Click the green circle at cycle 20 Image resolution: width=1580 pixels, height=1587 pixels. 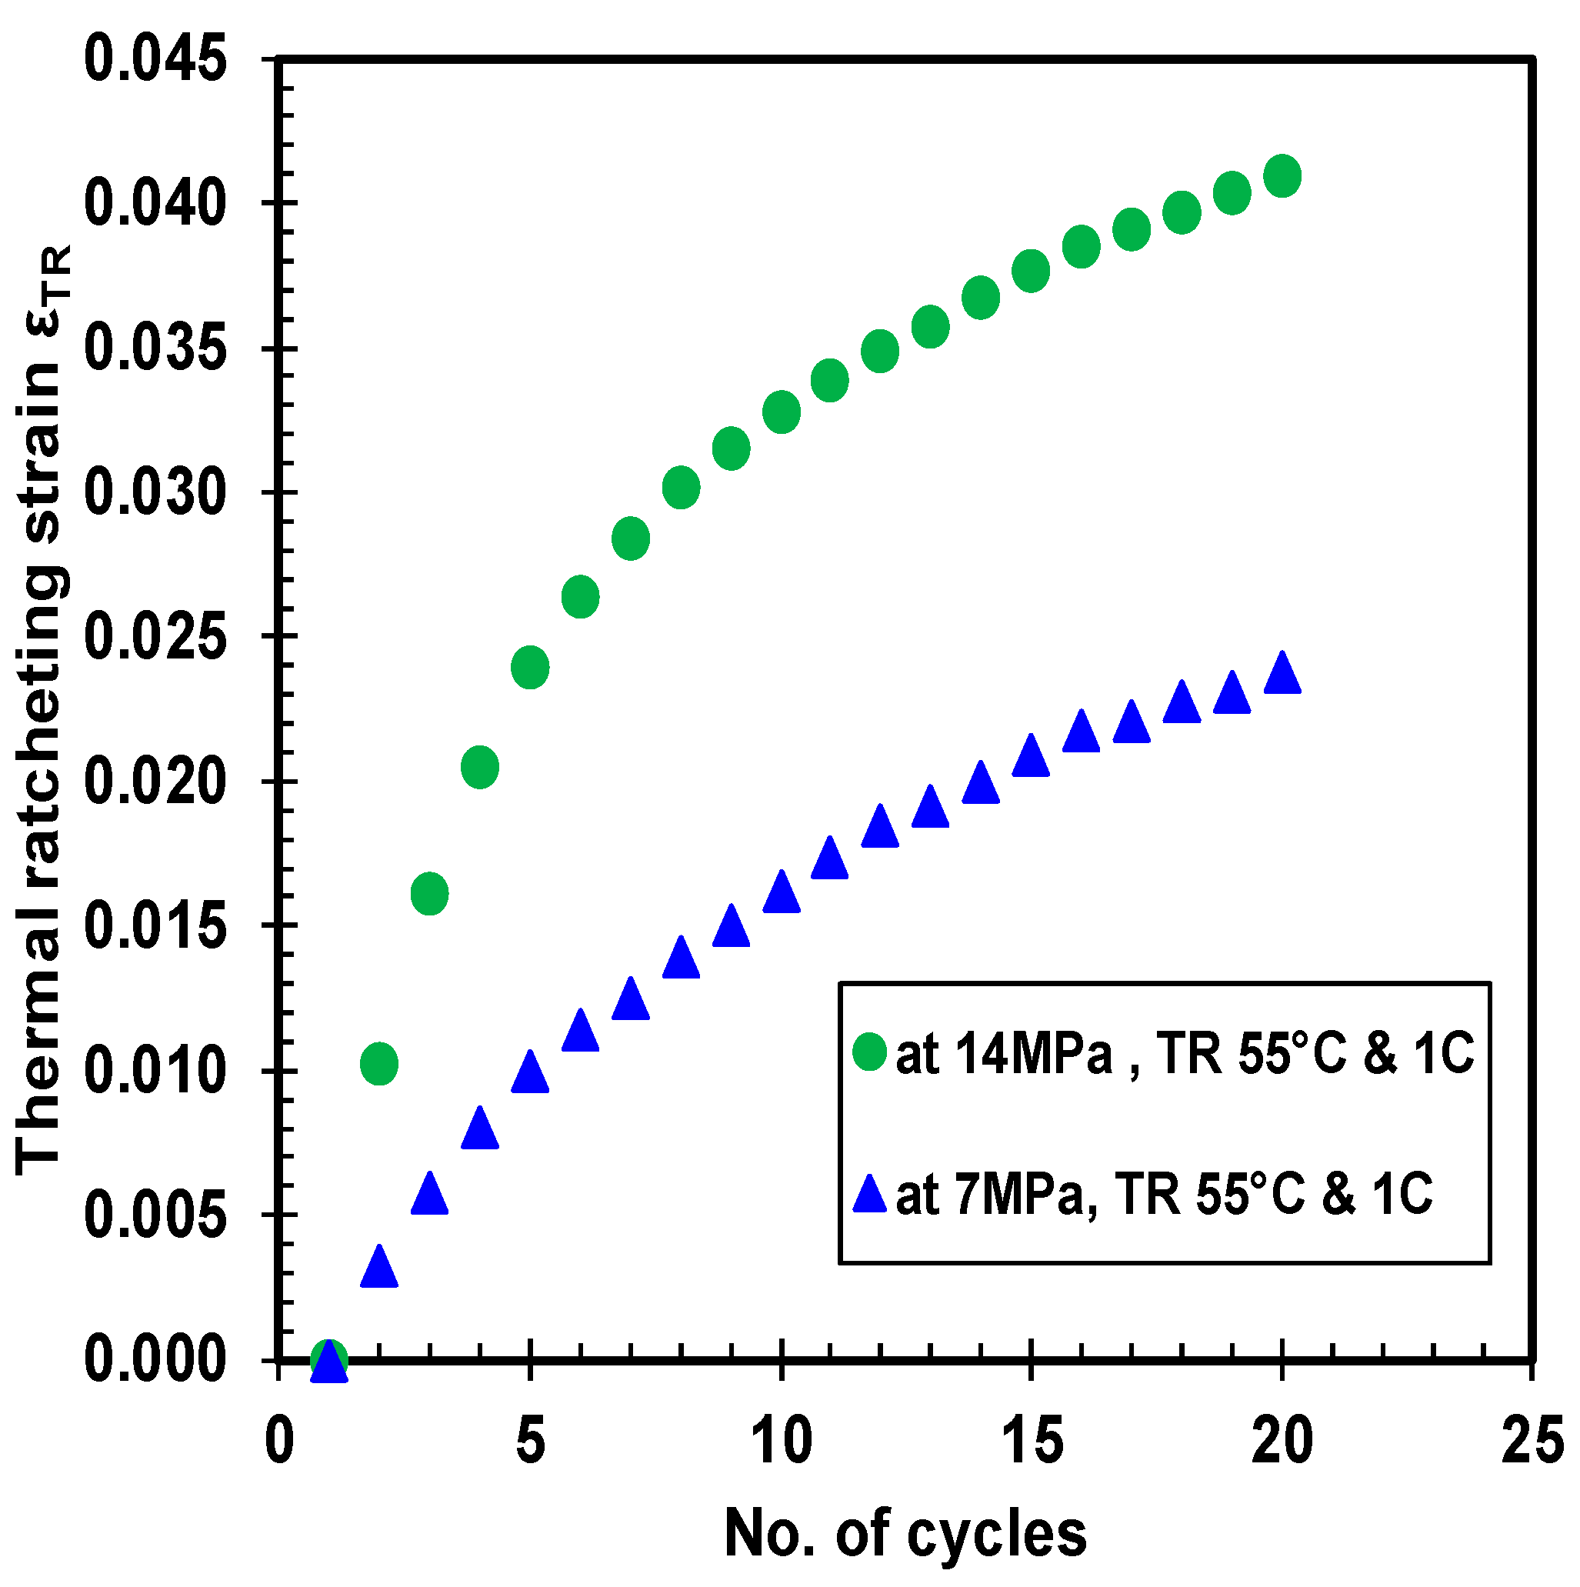click(1281, 176)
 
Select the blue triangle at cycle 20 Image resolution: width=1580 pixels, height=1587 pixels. click(1281, 675)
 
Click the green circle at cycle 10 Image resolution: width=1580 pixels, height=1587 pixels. click(781, 412)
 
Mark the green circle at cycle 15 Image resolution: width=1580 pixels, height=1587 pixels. click(1031, 271)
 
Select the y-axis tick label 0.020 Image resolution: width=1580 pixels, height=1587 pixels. click(155, 781)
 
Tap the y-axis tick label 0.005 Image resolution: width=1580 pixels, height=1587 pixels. click(155, 1215)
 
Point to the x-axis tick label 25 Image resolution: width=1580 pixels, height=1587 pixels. click(1532, 1442)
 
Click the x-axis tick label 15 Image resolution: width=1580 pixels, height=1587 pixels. click(1032, 1442)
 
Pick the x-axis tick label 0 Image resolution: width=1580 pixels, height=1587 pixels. click(279, 1442)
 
